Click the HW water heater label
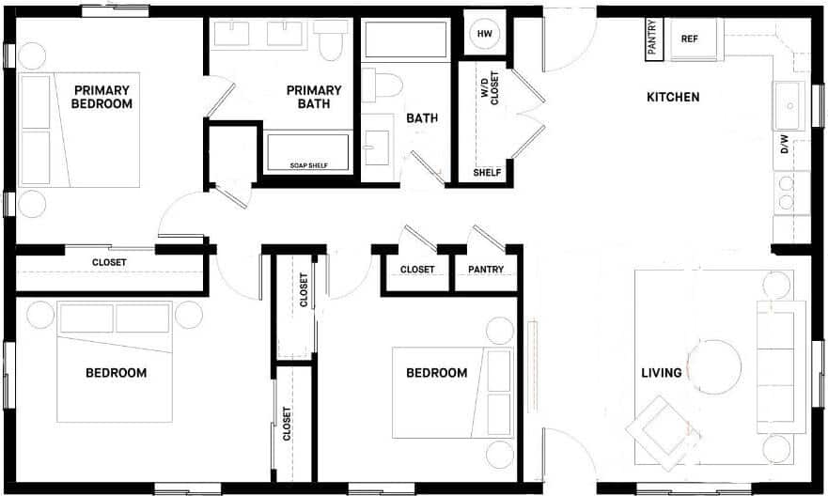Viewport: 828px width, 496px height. click(x=485, y=34)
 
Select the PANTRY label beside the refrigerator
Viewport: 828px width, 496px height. click(x=651, y=39)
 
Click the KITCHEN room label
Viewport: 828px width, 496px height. click(x=673, y=97)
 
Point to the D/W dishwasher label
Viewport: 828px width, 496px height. click(x=785, y=145)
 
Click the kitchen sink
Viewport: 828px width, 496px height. click(x=787, y=104)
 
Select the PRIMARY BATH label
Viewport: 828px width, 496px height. click(x=314, y=97)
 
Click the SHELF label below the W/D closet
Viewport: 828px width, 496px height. click(x=487, y=173)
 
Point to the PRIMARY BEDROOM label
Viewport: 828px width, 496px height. click(x=102, y=97)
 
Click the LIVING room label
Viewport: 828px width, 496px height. click(x=661, y=373)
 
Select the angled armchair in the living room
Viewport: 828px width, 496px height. click(x=663, y=431)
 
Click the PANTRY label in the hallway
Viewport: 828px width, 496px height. click(x=486, y=270)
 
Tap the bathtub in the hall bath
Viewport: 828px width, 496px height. click(x=407, y=40)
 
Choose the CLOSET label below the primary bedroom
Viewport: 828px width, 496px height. click(x=109, y=263)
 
